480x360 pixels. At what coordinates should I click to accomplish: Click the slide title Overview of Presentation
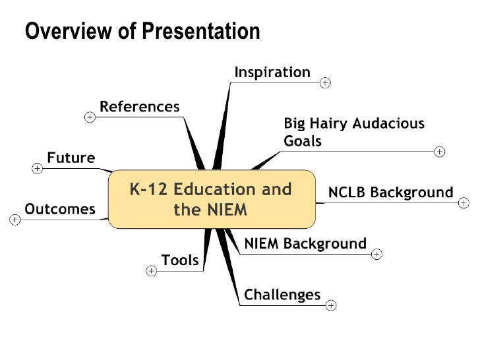coord(142,31)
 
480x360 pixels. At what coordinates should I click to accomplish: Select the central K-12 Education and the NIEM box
coord(211,199)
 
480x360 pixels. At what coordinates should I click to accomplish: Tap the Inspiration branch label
coord(272,72)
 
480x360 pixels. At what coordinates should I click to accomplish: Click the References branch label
coord(139,106)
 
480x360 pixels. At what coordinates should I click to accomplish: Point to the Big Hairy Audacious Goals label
coord(353,132)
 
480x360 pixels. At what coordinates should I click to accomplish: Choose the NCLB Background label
coord(390,193)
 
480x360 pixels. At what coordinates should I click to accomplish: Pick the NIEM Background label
coord(305,243)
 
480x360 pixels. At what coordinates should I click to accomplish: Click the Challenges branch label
coord(282,295)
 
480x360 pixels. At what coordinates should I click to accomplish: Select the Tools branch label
coord(180,260)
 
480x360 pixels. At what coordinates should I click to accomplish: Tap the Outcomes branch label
coord(60,209)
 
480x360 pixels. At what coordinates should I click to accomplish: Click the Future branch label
coord(71,158)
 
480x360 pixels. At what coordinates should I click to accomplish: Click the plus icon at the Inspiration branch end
coord(326,83)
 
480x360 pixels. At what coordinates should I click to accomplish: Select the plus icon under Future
coord(38,169)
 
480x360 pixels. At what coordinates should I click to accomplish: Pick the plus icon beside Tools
coord(151,271)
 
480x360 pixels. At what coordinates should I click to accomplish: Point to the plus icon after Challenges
coord(331,305)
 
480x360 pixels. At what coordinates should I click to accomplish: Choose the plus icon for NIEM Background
coord(376,254)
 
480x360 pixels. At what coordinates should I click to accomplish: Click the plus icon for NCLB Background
coord(464,203)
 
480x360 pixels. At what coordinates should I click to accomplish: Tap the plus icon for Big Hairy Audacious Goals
coord(440,152)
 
